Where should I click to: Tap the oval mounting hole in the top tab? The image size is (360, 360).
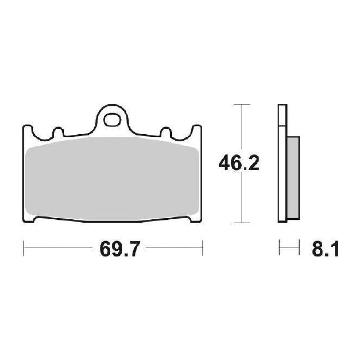pos(112,120)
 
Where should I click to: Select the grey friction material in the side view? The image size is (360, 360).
pos(294,178)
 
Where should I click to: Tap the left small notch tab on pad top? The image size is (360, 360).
pos(58,132)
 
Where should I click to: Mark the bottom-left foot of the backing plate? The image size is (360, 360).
pos(29,220)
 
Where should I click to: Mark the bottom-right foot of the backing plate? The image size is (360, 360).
pos(196,220)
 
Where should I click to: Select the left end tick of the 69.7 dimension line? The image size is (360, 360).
pos(23,248)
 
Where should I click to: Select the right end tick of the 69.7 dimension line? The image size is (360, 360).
pos(202,248)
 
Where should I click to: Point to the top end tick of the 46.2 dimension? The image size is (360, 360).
pos(242,104)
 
